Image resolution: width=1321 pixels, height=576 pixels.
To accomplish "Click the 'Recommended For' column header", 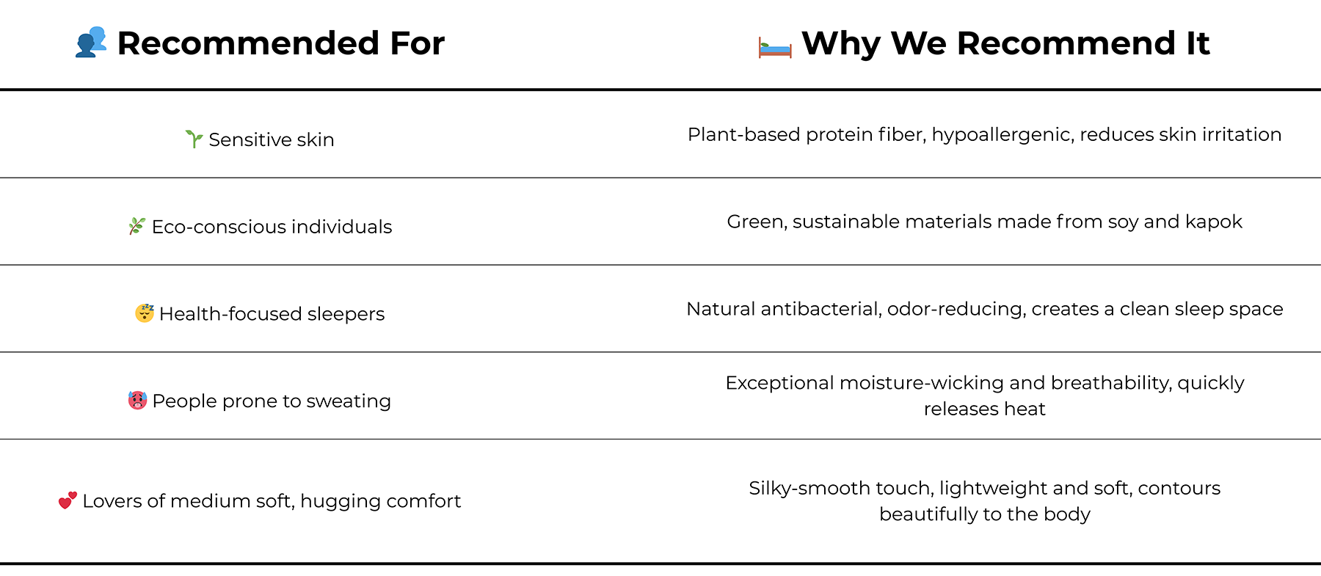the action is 280,43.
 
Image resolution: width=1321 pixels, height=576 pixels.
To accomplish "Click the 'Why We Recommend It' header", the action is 1005,43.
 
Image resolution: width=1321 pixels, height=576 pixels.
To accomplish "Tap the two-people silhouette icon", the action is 91,43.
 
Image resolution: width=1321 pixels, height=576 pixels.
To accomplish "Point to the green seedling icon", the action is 194,139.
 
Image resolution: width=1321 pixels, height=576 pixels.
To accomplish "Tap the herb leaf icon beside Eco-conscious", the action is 137,226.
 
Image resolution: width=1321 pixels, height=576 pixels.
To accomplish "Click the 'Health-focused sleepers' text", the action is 272,314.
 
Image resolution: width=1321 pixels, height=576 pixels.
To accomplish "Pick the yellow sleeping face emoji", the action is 145,313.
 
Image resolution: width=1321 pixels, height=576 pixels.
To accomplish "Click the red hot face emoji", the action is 137,400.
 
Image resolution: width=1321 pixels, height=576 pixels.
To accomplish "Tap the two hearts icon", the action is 68,500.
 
